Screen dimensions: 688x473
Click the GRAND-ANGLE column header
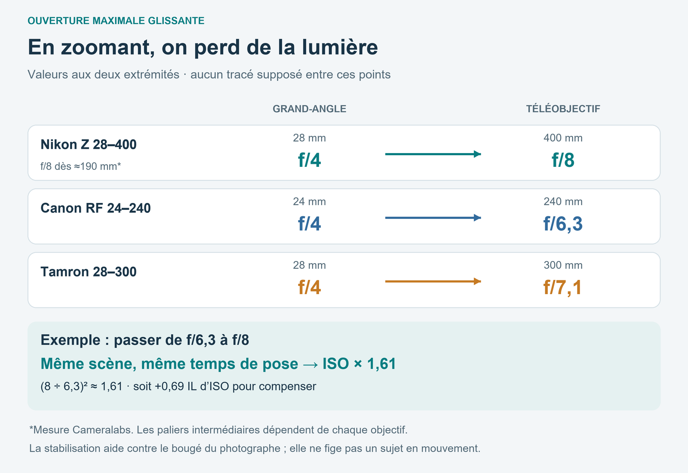309,109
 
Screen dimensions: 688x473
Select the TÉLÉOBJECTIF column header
563,109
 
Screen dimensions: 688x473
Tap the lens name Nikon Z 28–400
89,144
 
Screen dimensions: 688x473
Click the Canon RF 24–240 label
95,208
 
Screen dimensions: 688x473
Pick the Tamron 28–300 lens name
89,271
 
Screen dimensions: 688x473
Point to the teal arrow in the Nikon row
433,154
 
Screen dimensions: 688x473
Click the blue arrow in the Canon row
433,218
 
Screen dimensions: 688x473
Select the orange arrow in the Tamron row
433,281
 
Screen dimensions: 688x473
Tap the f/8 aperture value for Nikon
563,160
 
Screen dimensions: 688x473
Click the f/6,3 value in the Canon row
563,224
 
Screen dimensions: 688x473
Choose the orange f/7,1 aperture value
563,287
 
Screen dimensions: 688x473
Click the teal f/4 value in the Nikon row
309,160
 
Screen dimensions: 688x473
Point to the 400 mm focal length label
563,138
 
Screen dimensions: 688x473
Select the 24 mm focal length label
309,202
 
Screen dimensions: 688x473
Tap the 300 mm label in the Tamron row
563,265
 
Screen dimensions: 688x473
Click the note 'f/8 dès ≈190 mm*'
81,166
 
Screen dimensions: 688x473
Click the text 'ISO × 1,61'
359,364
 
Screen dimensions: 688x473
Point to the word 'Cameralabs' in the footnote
103,430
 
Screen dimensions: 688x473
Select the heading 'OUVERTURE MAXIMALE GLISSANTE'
116,21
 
